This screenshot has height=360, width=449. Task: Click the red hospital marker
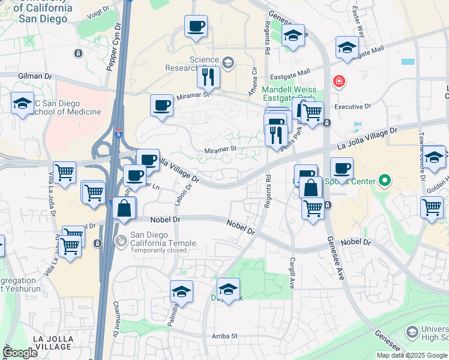click(339, 81)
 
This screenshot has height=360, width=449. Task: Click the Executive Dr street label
click(353, 107)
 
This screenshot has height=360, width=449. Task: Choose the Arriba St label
click(224, 336)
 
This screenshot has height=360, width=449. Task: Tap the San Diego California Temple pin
click(121, 241)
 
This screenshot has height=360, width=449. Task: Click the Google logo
click(20, 352)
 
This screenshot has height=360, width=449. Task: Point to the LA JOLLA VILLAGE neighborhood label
click(53, 343)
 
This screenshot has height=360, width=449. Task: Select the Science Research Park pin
click(228, 62)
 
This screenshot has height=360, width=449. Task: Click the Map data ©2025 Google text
click(412, 355)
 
